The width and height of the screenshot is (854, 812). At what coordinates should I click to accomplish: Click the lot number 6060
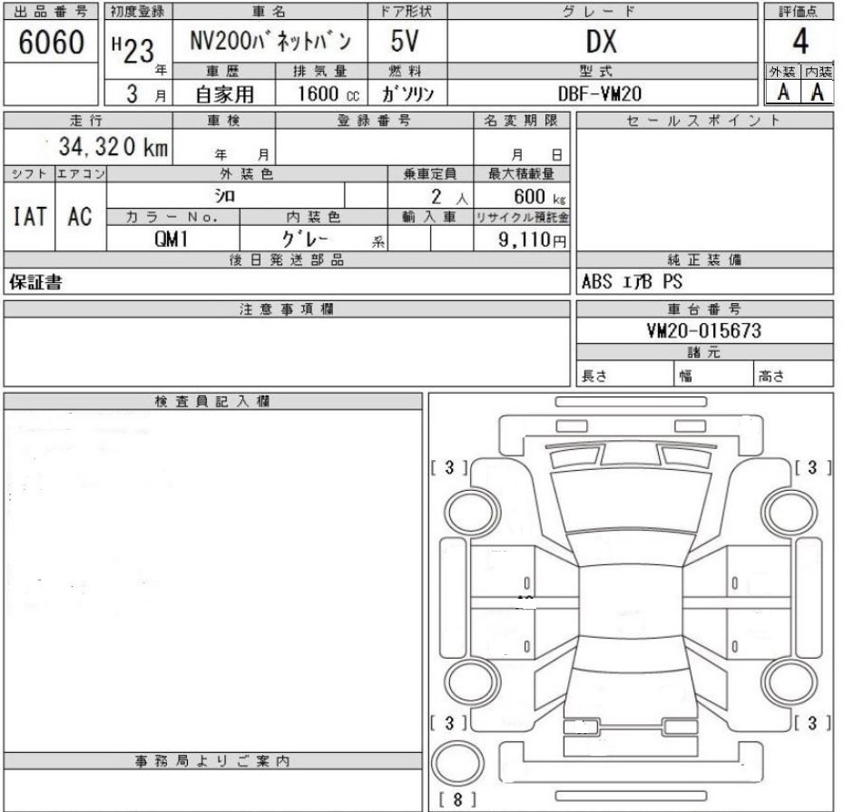click(x=51, y=42)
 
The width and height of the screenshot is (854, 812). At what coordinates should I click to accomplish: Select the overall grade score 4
click(x=800, y=42)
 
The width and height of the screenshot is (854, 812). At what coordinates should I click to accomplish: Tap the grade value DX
click(x=602, y=42)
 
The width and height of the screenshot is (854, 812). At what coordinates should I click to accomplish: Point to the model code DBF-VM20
click(x=600, y=93)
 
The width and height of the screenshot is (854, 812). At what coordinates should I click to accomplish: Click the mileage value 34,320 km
click(x=113, y=146)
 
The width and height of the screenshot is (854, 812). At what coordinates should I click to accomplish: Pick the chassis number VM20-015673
click(x=703, y=330)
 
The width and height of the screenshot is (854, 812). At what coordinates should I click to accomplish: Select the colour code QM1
click(x=171, y=239)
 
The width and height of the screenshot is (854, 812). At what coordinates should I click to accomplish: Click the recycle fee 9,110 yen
click(x=532, y=240)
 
